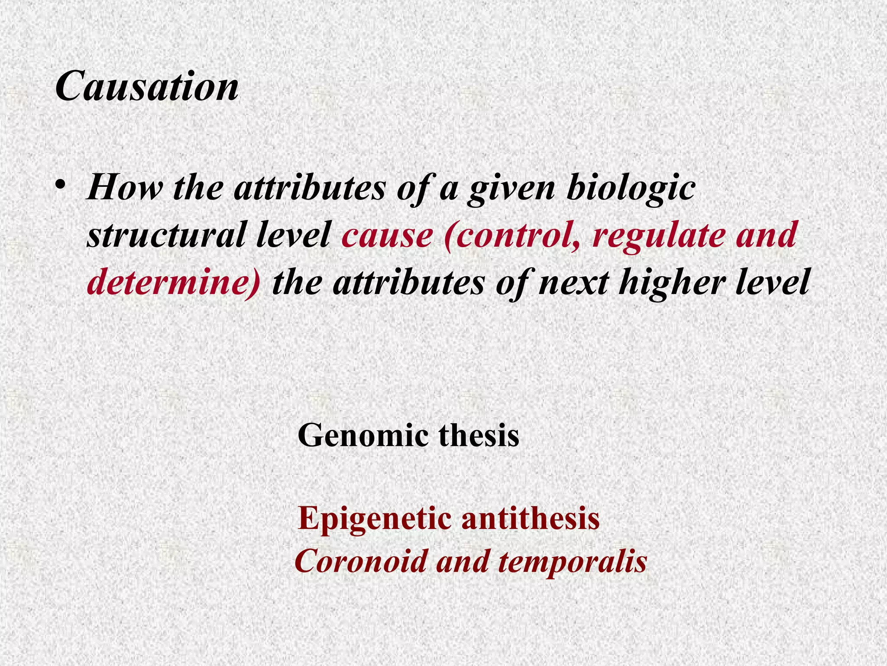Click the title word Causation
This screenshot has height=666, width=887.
tap(147, 86)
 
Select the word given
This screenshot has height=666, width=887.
tap(511, 190)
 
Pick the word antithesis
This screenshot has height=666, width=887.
tap(531, 519)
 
